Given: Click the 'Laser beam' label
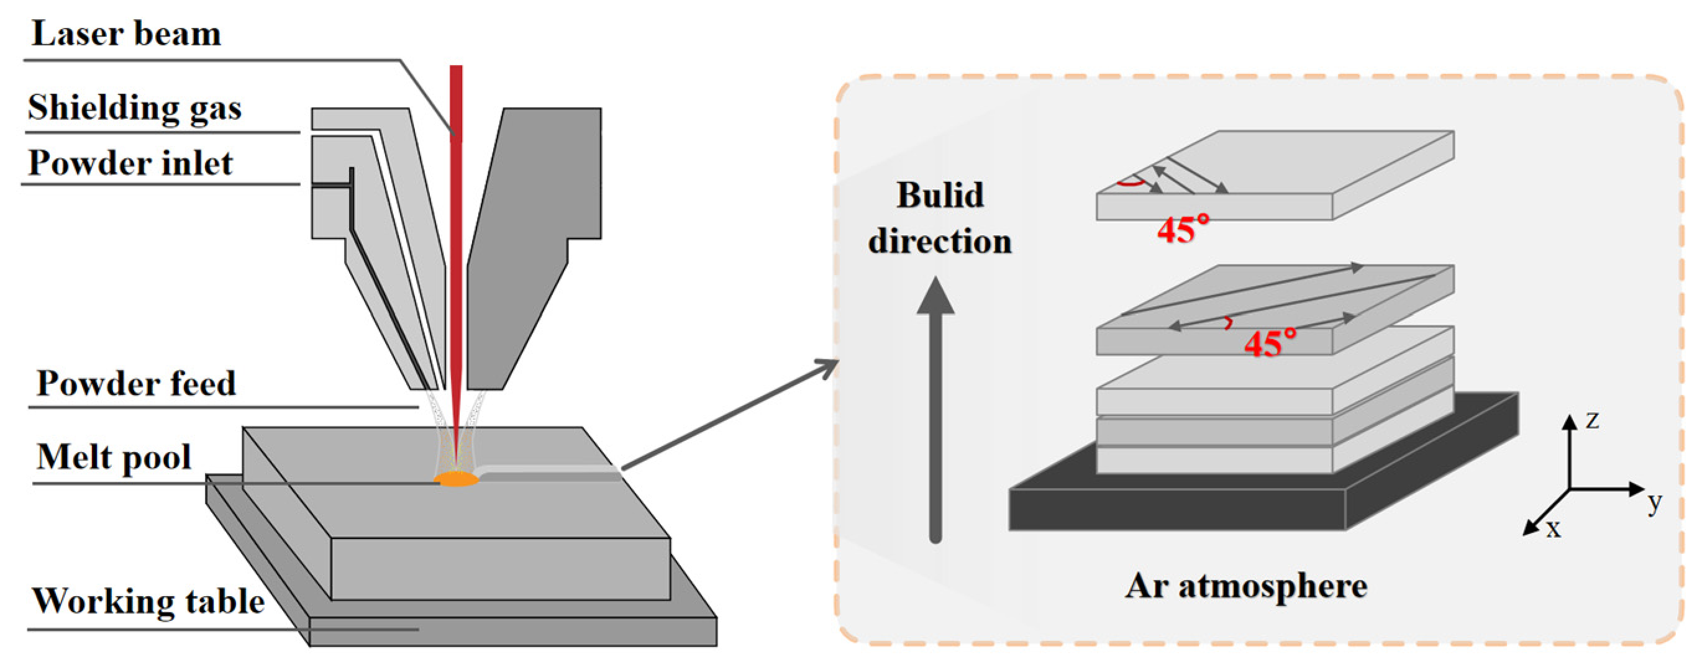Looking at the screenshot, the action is pos(126,34).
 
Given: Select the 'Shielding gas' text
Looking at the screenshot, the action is pos(135,107).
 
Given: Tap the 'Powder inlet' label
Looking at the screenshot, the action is pos(131,163).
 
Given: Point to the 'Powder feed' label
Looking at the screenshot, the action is pos(136,383).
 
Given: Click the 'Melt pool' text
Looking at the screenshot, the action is pos(114,457).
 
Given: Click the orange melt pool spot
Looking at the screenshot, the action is pos(456,478).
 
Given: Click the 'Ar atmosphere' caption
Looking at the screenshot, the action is pos(1246,586).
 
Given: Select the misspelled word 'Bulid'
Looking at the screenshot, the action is pos(940,195).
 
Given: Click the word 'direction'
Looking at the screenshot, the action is pos(940,241).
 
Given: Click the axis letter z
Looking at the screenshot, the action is pos(1592,420).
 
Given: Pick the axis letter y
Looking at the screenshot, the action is pos(1654,504).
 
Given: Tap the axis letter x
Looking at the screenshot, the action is pos(1554,529).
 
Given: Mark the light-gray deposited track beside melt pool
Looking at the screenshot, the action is pos(548,469).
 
